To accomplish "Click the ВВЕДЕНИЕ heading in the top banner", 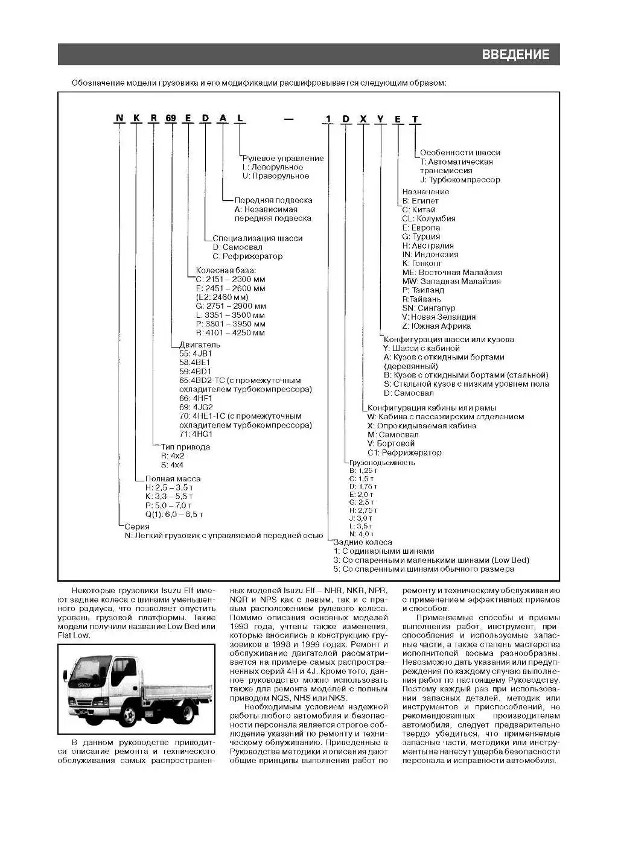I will click(515, 55).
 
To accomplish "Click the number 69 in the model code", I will click(171, 118).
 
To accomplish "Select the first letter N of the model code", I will click(119, 118).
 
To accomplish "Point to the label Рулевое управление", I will click(283, 158).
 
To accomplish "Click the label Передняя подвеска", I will click(273, 200).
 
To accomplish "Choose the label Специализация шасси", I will click(258, 238).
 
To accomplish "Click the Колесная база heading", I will click(226, 270).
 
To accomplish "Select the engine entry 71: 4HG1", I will click(196, 434).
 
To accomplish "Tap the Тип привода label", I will click(185, 447).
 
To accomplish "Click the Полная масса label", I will click(173, 478).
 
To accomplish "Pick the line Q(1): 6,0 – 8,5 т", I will click(174, 515).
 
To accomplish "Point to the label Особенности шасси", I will click(460, 153).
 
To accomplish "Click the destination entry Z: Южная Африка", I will click(436, 326).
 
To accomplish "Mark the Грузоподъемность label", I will click(382, 463).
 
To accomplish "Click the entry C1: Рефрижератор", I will click(404, 452).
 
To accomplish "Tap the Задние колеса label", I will click(363, 542).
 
